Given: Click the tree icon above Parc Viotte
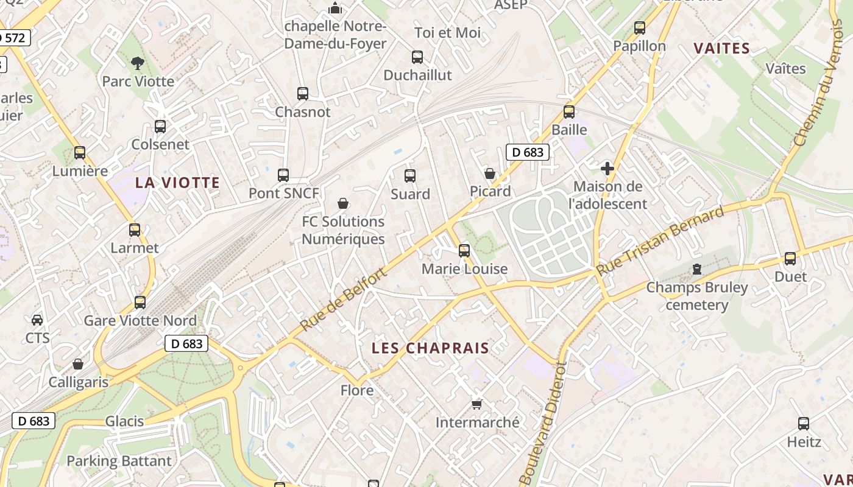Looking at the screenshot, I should pyautogui.click(x=138, y=62).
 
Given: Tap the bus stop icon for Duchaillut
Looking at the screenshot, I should pyautogui.click(x=417, y=57).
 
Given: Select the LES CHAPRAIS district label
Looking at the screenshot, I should pyautogui.click(x=431, y=348).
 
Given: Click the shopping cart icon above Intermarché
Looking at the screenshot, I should pyautogui.click(x=477, y=404).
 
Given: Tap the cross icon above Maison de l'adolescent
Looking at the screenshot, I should pyautogui.click(x=607, y=169).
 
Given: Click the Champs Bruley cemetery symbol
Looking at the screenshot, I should pyautogui.click(x=697, y=268).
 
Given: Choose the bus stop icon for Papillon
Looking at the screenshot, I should pyautogui.click(x=639, y=27).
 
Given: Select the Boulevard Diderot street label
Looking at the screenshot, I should pyautogui.click(x=543, y=422).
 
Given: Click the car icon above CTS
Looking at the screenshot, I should pyautogui.click(x=37, y=320).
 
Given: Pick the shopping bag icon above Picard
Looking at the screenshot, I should pyautogui.click(x=490, y=173).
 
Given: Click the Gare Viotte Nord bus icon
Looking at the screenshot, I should pyautogui.click(x=140, y=302).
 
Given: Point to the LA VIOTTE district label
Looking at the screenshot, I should pyautogui.click(x=177, y=183).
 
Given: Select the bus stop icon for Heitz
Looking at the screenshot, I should pyautogui.click(x=804, y=424).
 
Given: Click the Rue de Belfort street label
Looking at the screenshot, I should pyautogui.click(x=344, y=300).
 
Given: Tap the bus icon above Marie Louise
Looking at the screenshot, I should pyautogui.click(x=464, y=250).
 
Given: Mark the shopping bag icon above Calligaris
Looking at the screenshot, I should pyautogui.click(x=78, y=364).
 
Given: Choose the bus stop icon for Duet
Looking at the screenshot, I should pyautogui.click(x=790, y=258).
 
